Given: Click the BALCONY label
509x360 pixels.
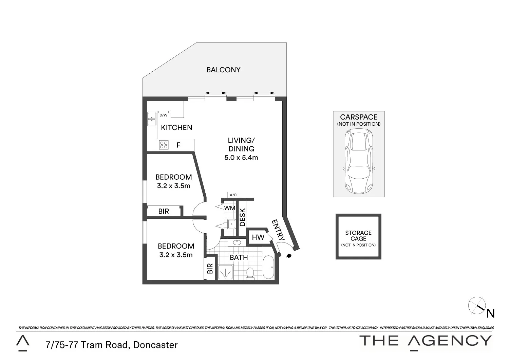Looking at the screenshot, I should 223,70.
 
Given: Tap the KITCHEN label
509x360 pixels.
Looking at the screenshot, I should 176,128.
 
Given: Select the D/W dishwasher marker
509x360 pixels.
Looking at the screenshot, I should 163,115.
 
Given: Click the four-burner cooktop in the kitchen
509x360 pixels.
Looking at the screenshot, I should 164,145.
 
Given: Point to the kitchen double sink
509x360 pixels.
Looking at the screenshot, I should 151,119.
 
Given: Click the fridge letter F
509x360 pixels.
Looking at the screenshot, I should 178,145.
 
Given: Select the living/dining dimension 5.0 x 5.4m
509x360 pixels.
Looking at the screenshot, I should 241,158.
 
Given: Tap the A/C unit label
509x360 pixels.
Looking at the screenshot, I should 233,195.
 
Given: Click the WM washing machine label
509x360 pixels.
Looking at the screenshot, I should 230,208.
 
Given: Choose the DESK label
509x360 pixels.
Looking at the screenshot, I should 243,217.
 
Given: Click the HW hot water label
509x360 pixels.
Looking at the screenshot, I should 258,237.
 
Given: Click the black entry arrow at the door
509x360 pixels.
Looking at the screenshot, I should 289,256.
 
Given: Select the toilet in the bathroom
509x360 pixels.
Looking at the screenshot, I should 250,273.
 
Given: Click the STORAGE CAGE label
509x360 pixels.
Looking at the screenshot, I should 358,236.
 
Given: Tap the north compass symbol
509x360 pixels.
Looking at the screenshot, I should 477,306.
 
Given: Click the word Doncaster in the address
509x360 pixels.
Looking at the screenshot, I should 155,345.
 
